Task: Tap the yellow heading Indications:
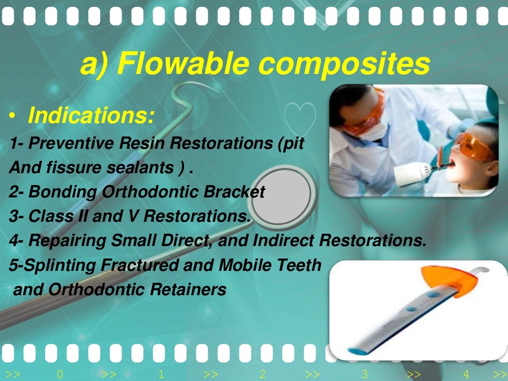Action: pos(91,116)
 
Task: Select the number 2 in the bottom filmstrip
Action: pos(263,375)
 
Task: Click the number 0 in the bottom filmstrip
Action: pos(60,375)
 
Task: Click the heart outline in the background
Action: pos(299,116)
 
